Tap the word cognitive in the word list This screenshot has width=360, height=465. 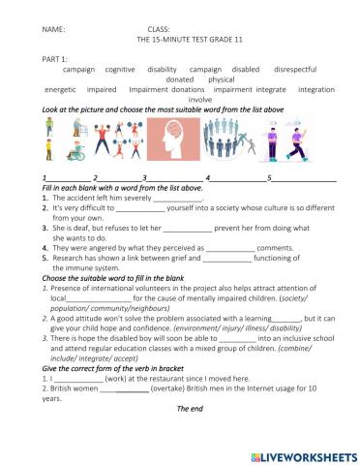(x=120, y=71)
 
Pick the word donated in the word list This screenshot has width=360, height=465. (x=180, y=80)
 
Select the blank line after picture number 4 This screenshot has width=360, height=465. (x=236, y=179)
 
